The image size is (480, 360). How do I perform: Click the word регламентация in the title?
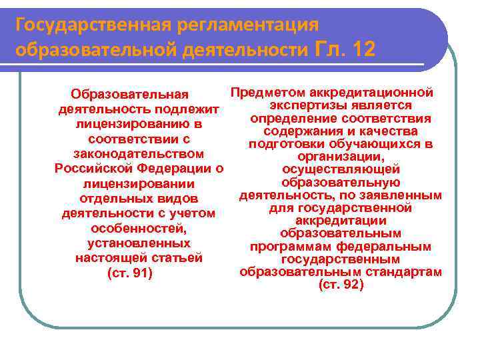pyautogui.click(x=255, y=25)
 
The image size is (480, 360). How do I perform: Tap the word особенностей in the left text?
pyautogui.click(x=139, y=229)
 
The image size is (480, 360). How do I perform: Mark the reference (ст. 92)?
pyautogui.click(x=341, y=285)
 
